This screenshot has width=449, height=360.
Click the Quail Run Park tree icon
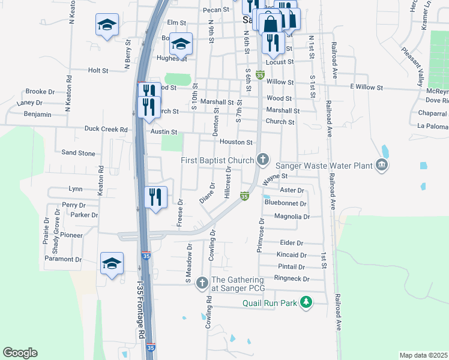307,302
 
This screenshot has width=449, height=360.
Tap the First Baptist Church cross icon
262,160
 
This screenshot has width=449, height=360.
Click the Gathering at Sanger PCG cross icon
202,282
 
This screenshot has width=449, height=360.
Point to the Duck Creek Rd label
106,129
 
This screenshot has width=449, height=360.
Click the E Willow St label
366,88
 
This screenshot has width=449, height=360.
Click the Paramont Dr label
63,259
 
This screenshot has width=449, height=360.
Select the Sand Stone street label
78,153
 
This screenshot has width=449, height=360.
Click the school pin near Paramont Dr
112,263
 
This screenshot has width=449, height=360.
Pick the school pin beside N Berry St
107,25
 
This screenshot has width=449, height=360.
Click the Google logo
20,353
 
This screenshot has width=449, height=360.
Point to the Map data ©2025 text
423,355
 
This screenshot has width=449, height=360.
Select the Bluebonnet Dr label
286,203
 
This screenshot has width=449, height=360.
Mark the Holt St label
97,70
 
